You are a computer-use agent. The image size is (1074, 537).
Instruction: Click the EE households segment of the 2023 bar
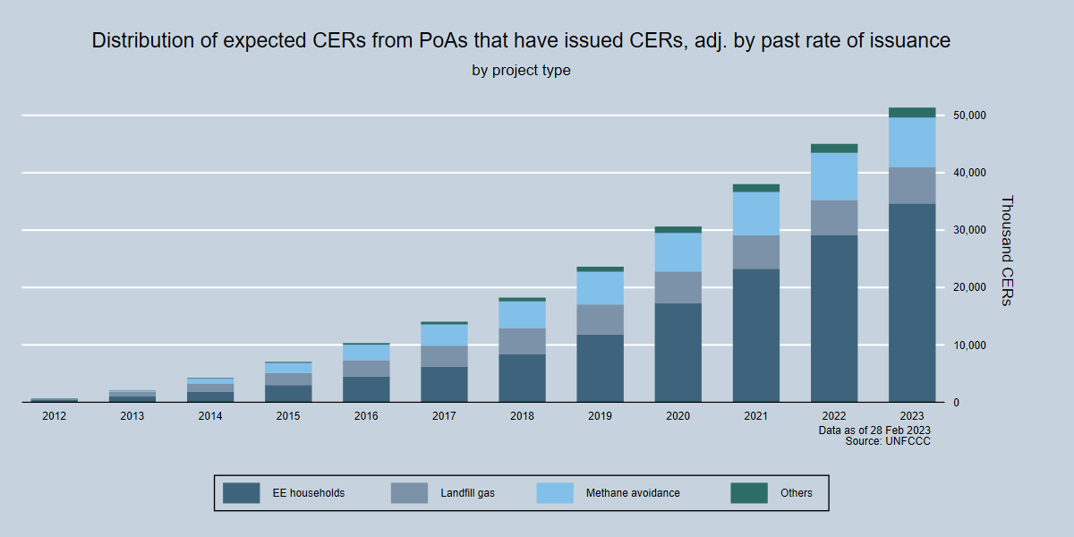(x=912, y=303)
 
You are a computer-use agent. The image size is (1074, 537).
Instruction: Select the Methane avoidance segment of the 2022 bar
(x=834, y=176)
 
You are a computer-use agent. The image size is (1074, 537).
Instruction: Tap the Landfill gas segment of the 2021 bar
(x=755, y=251)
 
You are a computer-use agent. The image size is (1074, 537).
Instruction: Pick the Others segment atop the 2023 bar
(x=912, y=113)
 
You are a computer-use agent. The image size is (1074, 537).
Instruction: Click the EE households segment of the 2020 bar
(x=678, y=353)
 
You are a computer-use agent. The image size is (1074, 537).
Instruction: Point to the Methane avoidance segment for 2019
(x=600, y=287)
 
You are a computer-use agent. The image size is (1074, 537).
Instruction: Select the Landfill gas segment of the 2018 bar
(x=522, y=341)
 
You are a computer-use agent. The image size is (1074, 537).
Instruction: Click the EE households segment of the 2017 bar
(x=444, y=384)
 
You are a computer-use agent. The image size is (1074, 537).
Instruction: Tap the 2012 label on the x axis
(x=54, y=416)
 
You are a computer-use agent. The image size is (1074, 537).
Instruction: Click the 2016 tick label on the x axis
(x=366, y=416)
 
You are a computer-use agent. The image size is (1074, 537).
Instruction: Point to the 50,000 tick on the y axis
(x=969, y=115)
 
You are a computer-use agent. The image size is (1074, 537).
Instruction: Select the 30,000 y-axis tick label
(x=969, y=230)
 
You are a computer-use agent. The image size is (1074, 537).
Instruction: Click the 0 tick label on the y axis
(x=957, y=403)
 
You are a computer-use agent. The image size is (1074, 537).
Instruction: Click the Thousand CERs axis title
(x=1006, y=251)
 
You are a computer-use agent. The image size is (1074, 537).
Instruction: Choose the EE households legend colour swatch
(x=241, y=493)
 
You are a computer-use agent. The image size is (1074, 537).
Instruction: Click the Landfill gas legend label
(x=467, y=493)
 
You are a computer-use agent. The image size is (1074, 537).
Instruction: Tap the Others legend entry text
(x=797, y=493)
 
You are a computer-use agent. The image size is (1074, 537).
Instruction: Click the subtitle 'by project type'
(x=521, y=70)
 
